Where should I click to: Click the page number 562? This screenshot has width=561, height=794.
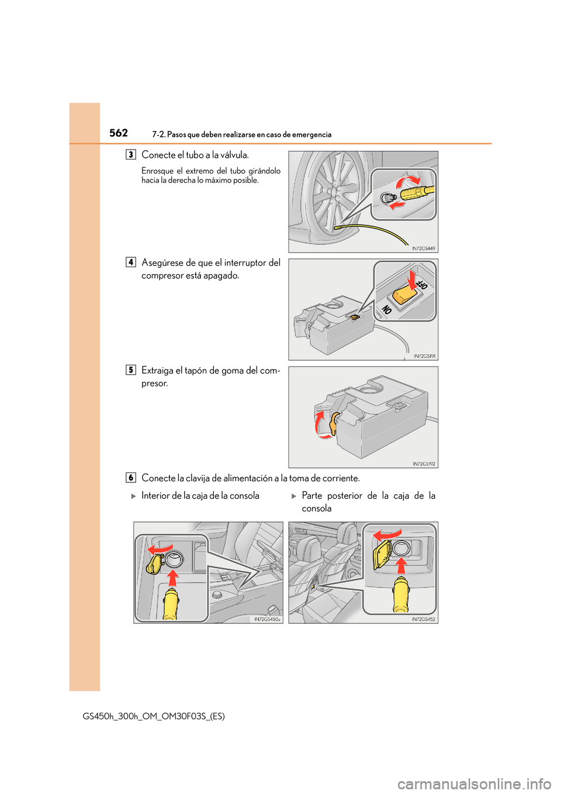point(119,133)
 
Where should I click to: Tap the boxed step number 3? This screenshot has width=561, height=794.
point(131,155)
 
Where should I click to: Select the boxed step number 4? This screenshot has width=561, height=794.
point(131,263)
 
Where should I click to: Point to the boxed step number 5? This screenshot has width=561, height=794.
point(131,370)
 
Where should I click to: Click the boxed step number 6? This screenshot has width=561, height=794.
point(131,478)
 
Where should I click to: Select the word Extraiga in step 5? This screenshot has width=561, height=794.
point(157,370)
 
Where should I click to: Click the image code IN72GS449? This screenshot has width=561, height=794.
point(423,248)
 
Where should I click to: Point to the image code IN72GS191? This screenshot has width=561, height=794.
point(424,356)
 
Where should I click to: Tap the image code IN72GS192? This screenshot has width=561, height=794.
point(424,464)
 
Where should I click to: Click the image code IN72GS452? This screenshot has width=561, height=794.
point(423,619)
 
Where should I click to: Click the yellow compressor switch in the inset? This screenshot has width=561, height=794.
point(404,293)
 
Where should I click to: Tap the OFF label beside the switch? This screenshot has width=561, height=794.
point(422,284)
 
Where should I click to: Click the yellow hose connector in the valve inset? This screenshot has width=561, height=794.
point(416,192)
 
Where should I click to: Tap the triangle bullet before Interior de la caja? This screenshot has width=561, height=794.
point(134,496)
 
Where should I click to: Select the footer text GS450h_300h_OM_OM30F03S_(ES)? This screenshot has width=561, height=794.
point(154,716)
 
